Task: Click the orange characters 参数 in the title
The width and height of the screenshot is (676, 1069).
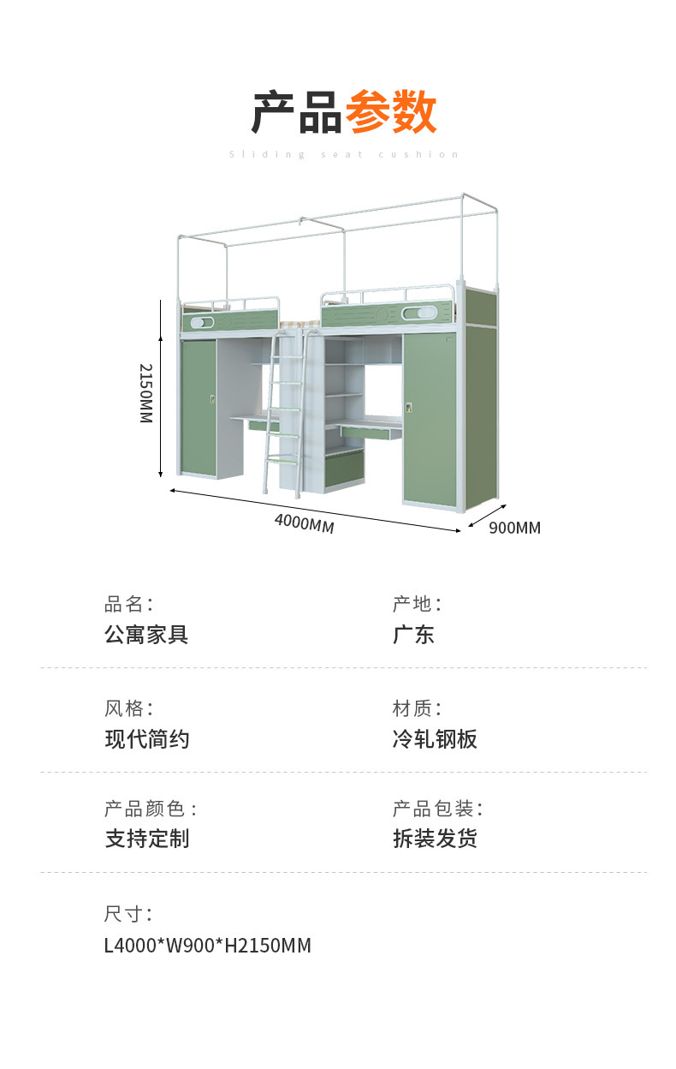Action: (x=391, y=112)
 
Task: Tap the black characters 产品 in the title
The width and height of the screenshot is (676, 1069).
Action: (x=297, y=112)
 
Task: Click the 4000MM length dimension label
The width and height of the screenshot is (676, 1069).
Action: (x=304, y=523)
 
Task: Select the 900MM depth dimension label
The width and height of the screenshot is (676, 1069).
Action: (x=514, y=528)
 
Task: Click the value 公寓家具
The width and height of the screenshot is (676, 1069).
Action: (x=146, y=635)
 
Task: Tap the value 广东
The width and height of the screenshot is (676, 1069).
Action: (x=413, y=635)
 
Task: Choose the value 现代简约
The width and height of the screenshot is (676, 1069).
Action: (x=146, y=739)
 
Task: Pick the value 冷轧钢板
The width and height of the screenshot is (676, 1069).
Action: (x=435, y=739)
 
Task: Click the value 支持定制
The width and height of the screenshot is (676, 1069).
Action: (x=146, y=839)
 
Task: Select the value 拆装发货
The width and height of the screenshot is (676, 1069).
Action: (x=435, y=839)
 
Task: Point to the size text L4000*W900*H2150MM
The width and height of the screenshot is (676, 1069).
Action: (x=207, y=946)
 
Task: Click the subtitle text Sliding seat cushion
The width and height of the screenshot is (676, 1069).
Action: (x=344, y=155)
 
